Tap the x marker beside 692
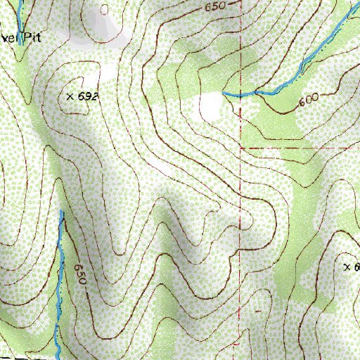coord(70,95)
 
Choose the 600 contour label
coord(308,101)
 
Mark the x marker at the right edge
coord(347,267)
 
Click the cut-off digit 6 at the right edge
coord(356,267)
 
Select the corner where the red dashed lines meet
coord(240,149)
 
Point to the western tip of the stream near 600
coord(223,93)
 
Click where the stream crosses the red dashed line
coord(240,95)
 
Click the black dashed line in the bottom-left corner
coord(21,358)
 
